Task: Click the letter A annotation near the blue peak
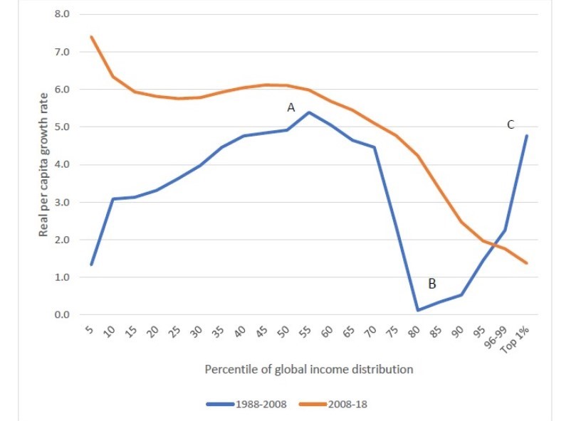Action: [x=291, y=107]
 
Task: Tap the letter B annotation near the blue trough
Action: [x=431, y=284]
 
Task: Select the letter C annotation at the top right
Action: [x=511, y=124]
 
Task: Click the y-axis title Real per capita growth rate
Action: [x=44, y=164]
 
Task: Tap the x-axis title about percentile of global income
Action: [x=309, y=370]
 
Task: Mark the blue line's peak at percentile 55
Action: [x=308, y=112]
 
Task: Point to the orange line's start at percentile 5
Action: [x=91, y=37]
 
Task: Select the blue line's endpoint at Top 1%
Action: [x=525, y=136]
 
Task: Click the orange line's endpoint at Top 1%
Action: [x=525, y=263]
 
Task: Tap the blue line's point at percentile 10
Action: [x=113, y=199]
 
